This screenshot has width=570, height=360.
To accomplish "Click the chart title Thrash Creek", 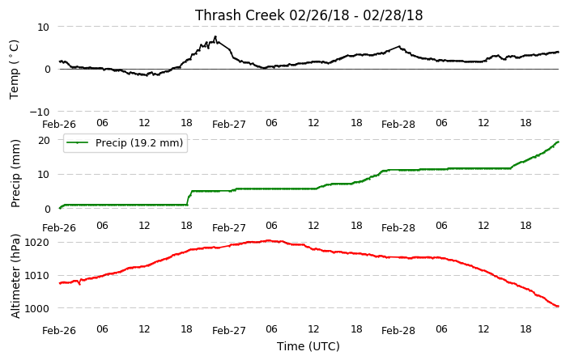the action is click(240, 15).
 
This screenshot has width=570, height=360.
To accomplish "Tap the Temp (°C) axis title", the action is click(14, 70).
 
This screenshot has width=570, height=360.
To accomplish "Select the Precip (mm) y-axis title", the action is click(15, 174).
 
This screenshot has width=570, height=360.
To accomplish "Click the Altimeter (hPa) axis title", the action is click(15, 276).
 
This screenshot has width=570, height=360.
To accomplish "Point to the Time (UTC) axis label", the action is click(308, 346).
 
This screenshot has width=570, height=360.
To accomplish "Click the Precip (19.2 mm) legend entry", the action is click(125, 142).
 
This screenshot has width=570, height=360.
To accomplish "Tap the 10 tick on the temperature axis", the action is click(43, 28).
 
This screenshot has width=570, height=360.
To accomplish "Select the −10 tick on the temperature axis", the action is click(40, 112).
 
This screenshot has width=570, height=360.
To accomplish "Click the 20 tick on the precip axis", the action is click(44, 140).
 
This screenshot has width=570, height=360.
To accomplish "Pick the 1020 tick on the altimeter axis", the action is click(36, 243).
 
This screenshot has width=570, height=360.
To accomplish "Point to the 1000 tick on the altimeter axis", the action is click(36, 308).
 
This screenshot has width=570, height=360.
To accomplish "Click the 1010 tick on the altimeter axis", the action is click(36, 276).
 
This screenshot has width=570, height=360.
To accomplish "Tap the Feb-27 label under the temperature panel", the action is click(229, 125).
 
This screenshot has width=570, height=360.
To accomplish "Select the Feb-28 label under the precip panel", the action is click(398, 228).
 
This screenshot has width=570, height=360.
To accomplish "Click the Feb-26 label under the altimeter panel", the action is click(59, 331).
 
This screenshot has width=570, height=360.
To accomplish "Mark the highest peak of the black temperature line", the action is click(215, 36).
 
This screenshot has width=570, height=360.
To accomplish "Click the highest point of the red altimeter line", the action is click(269, 240).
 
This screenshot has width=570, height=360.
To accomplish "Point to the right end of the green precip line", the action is click(559, 142).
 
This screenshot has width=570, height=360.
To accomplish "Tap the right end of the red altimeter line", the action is click(559, 307).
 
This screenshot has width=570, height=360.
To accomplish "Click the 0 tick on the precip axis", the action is click(47, 210).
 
